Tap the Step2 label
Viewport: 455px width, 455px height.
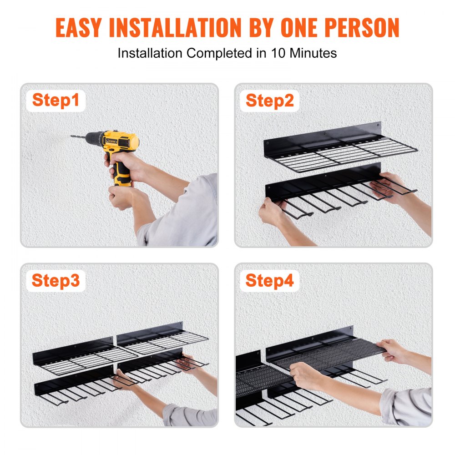tap(270, 101)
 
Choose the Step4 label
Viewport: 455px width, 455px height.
tap(270, 281)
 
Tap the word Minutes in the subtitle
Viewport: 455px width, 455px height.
tap(314, 53)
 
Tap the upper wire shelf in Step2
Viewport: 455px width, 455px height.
tap(341, 148)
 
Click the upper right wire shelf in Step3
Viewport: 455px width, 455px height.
tap(164, 339)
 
